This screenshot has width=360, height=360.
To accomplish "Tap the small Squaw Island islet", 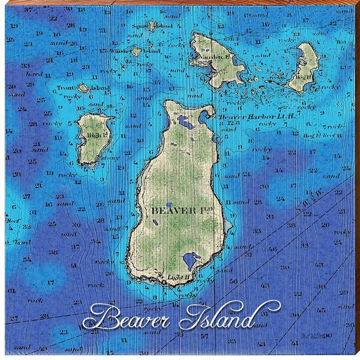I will (152, 26).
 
